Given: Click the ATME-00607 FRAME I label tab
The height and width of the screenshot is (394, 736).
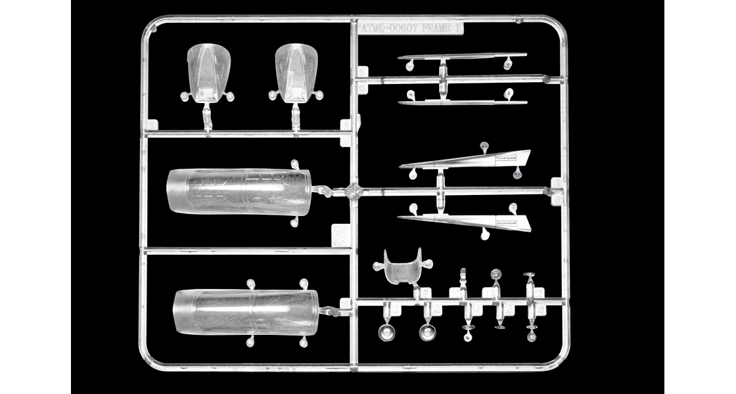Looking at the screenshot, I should click(411, 28).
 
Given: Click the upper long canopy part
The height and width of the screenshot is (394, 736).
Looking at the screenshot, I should click(238, 191).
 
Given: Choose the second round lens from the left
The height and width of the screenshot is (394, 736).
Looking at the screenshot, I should click(428, 332).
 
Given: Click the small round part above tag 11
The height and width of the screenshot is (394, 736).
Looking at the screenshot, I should click(495, 275).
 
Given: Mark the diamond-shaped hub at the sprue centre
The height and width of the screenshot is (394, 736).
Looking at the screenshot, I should click(355, 192).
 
